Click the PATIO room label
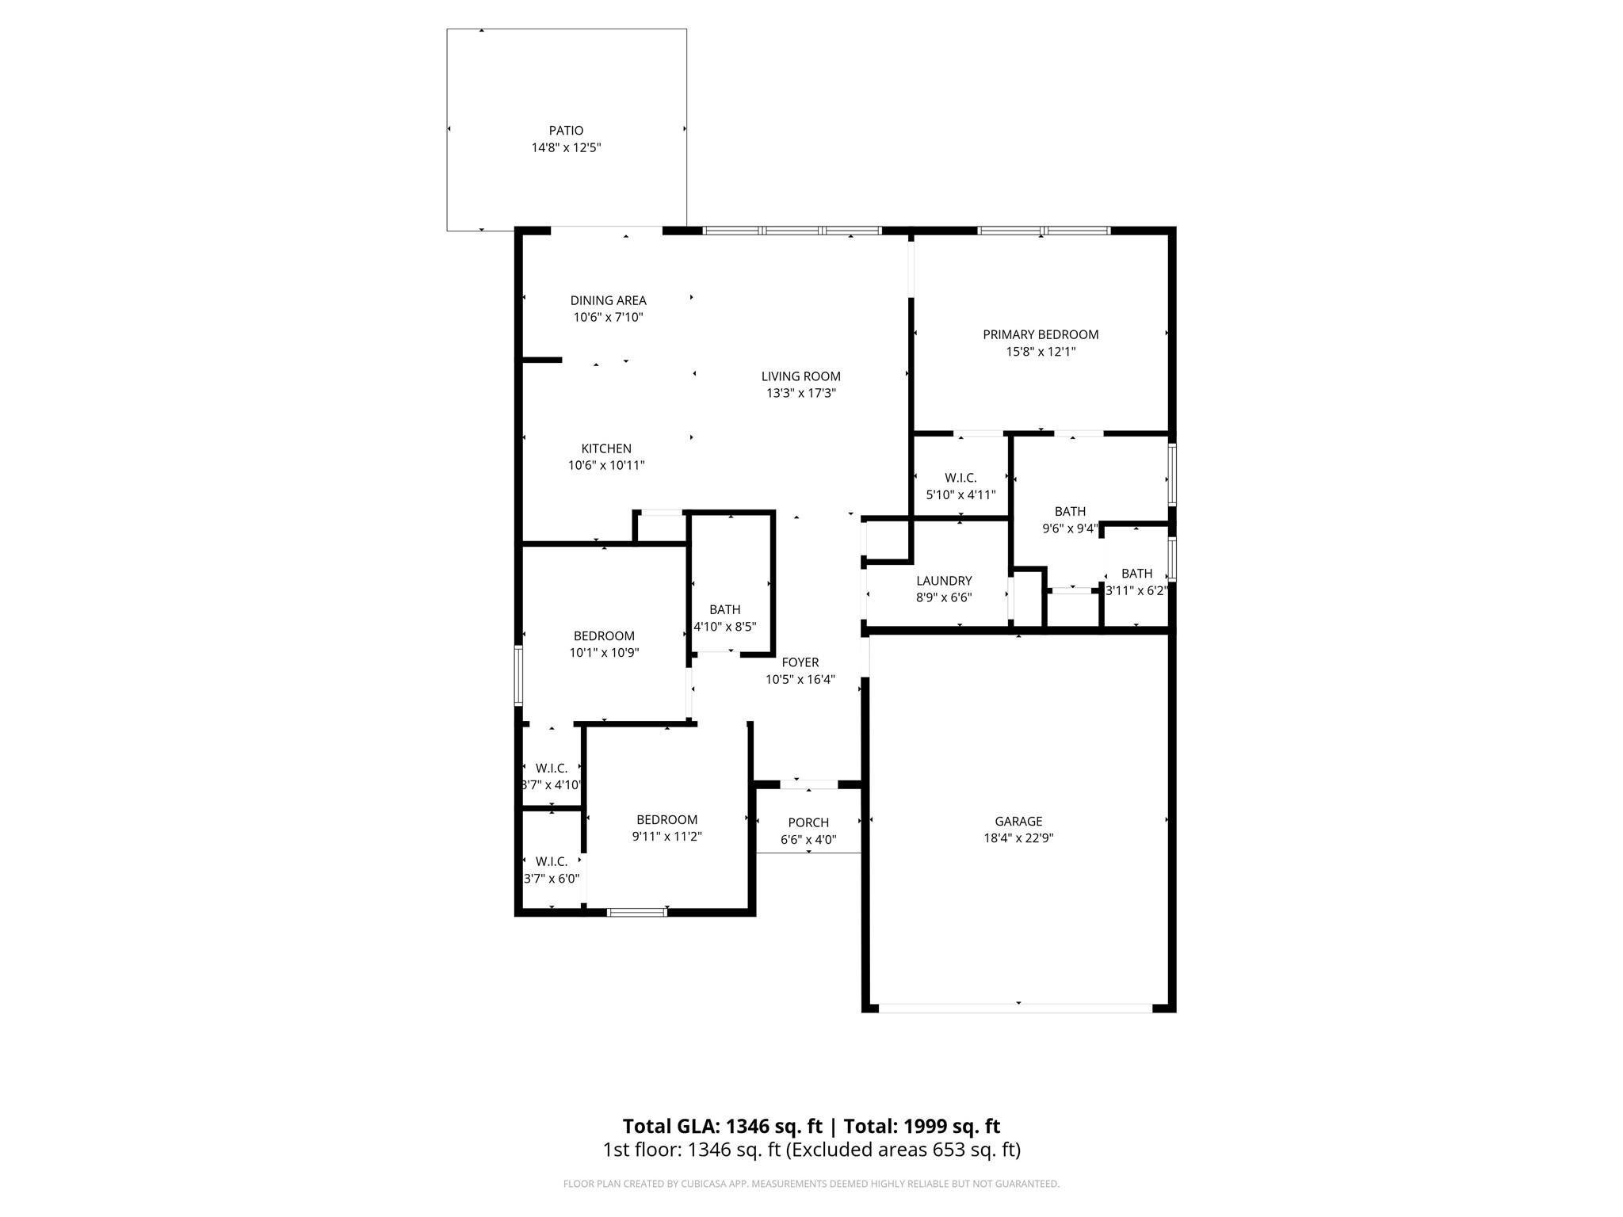(566, 131)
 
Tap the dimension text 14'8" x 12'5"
(566, 148)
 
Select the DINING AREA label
(608, 300)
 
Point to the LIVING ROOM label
(800, 376)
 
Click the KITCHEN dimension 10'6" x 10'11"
(606, 466)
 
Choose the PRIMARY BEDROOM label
(1041, 334)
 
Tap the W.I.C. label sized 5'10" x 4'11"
(960, 478)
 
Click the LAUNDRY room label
(943, 581)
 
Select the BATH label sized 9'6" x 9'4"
(1070, 512)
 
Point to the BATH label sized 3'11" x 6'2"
(1136, 574)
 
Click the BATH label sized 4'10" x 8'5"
(724, 609)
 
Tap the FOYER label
(800, 662)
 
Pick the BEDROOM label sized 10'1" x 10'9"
(604, 636)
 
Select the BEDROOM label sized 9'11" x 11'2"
(666, 820)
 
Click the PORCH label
(808, 823)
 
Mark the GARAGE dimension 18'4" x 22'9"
(1018, 838)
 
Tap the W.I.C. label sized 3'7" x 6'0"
(551, 861)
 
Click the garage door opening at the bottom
(1016, 1008)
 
